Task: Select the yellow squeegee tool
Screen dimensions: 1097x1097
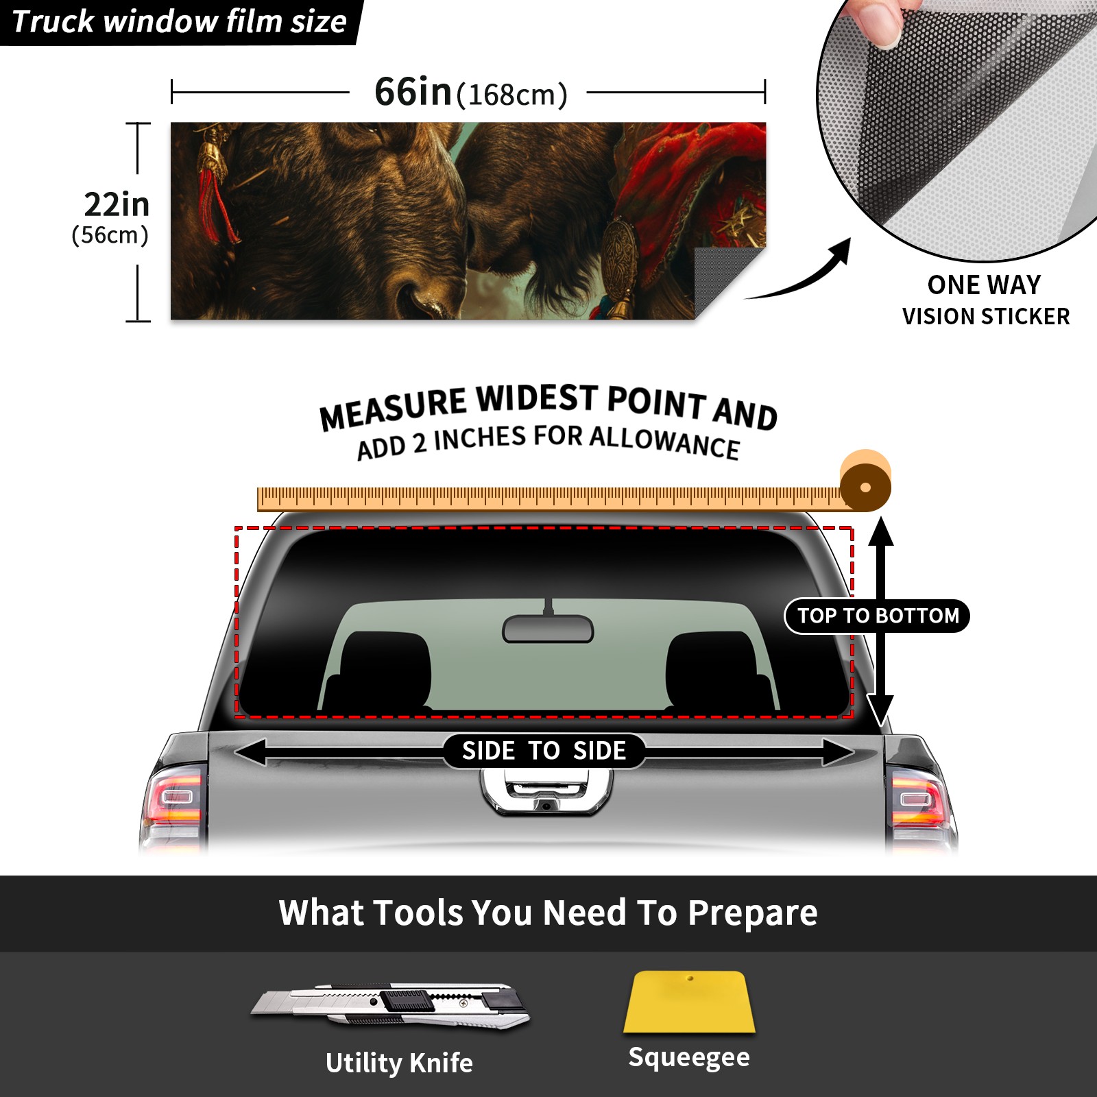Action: coord(689,1002)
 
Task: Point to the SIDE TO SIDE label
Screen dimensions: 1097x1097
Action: coord(544,751)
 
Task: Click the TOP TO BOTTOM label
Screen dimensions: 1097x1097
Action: coord(878,616)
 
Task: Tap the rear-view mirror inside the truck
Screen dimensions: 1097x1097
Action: coord(548,628)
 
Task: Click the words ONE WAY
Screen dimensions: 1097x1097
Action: coord(984,285)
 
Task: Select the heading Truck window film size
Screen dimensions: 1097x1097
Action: coord(179,21)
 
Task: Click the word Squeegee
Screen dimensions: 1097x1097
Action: coord(689,1058)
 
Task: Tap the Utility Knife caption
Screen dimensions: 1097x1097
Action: coord(399,1063)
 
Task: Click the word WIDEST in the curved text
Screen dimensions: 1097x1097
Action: coord(537,400)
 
